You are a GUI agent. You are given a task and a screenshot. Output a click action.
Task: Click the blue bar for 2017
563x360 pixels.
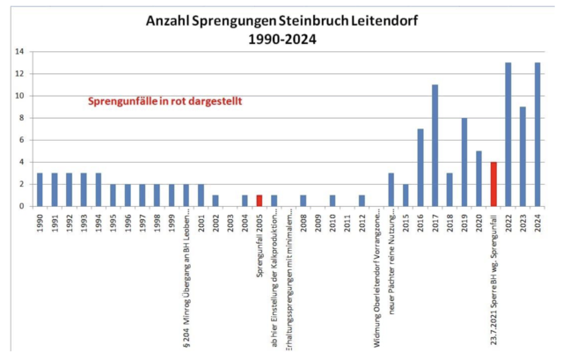coord(435,145)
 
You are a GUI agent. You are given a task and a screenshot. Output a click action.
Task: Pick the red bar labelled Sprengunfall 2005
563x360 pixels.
coord(260,201)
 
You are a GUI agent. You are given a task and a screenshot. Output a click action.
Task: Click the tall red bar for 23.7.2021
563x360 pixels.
coord(494,184)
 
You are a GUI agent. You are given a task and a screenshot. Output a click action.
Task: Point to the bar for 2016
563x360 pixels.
coord(420,167)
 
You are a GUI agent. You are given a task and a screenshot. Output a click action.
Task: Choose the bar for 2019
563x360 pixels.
coord(464,162)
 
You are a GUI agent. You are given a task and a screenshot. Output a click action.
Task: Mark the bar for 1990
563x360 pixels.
coord(40,189)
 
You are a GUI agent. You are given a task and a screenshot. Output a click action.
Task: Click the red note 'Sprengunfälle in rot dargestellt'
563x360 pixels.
coord(165,101)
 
